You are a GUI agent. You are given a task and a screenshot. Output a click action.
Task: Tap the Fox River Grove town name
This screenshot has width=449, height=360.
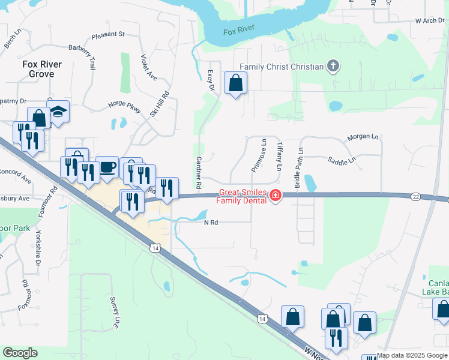tap(38, 68)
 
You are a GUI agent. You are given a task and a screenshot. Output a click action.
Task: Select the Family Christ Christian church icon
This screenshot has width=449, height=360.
tap(333, 67)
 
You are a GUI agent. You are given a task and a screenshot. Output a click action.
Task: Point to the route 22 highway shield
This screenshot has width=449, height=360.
tap(415, 196)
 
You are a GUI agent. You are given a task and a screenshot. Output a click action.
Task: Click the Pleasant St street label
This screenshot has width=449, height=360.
tap(109, 34)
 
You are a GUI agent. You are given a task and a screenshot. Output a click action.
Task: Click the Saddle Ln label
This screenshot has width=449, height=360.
tap(342, 160)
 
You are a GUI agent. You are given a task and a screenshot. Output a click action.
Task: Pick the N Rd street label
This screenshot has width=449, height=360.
tap(210, 222)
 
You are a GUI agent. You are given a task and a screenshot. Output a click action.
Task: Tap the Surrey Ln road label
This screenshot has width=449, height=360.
tap(113, 314)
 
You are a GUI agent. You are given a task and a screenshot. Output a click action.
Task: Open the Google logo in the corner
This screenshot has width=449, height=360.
tap(20, 353)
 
